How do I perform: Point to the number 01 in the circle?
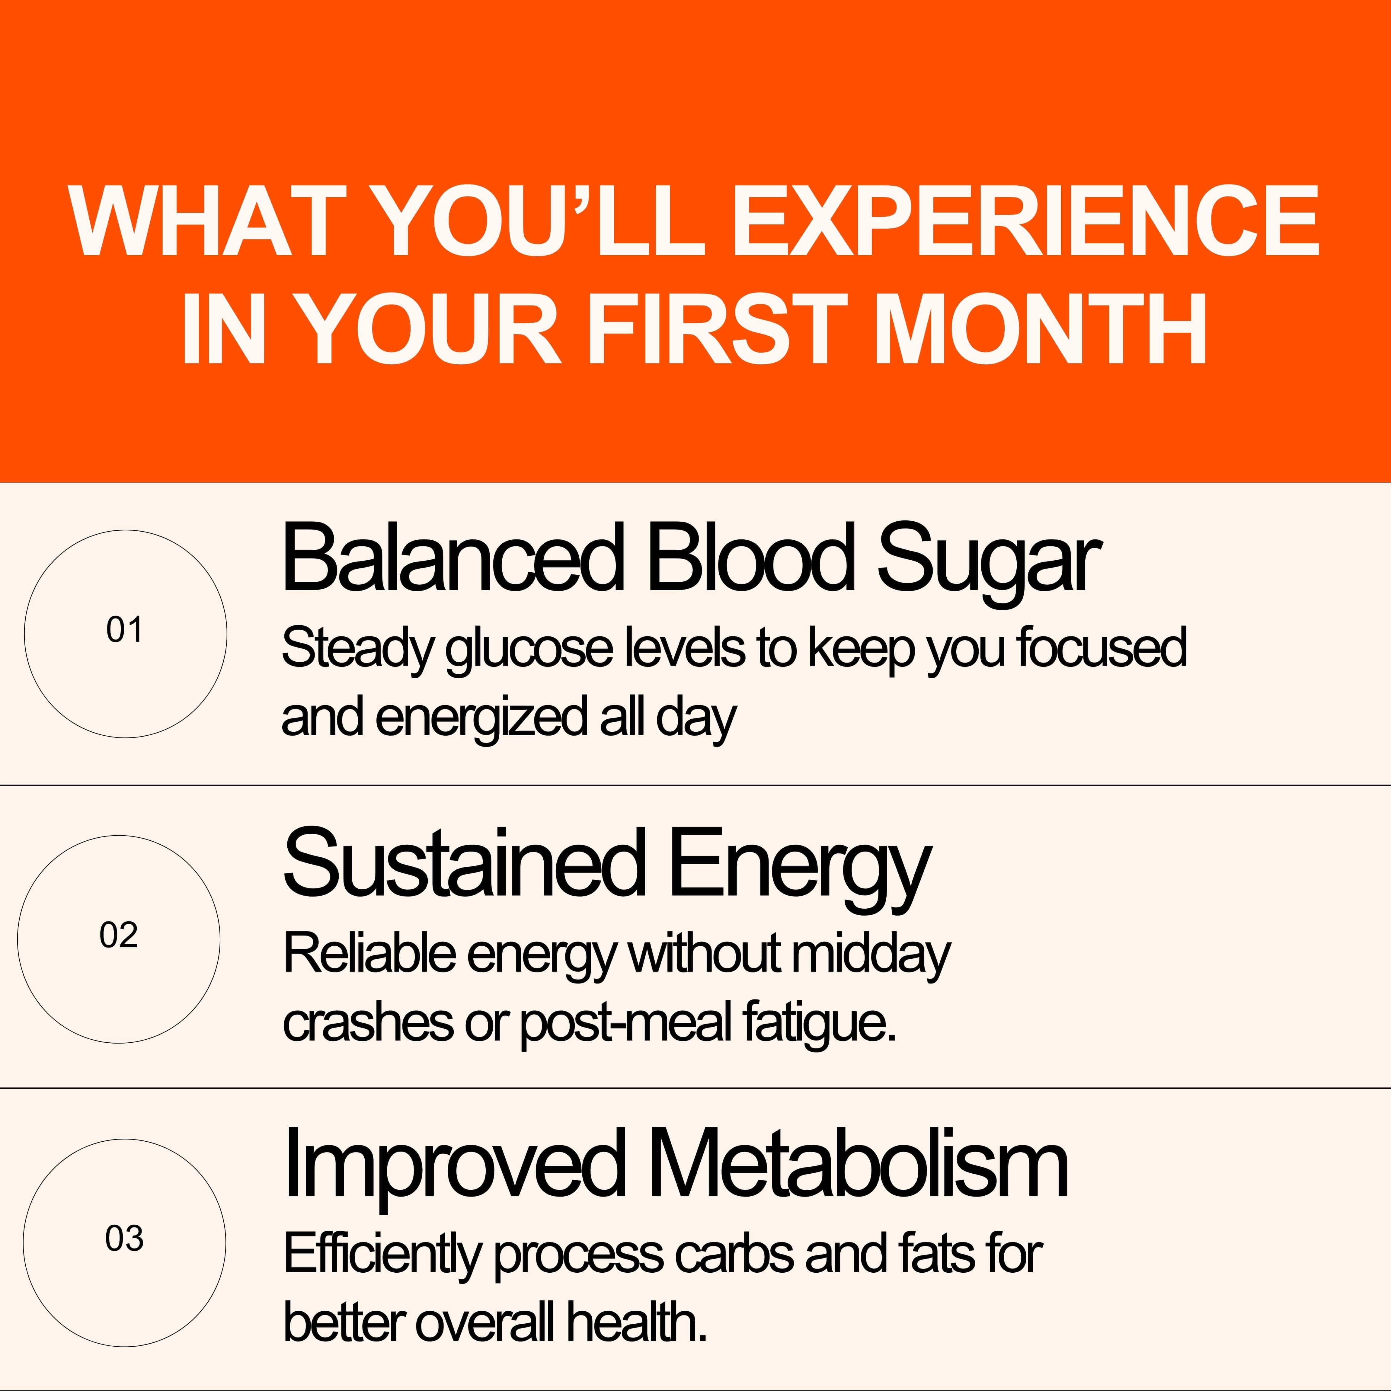[125, 631]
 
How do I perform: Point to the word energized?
[481, 718]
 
